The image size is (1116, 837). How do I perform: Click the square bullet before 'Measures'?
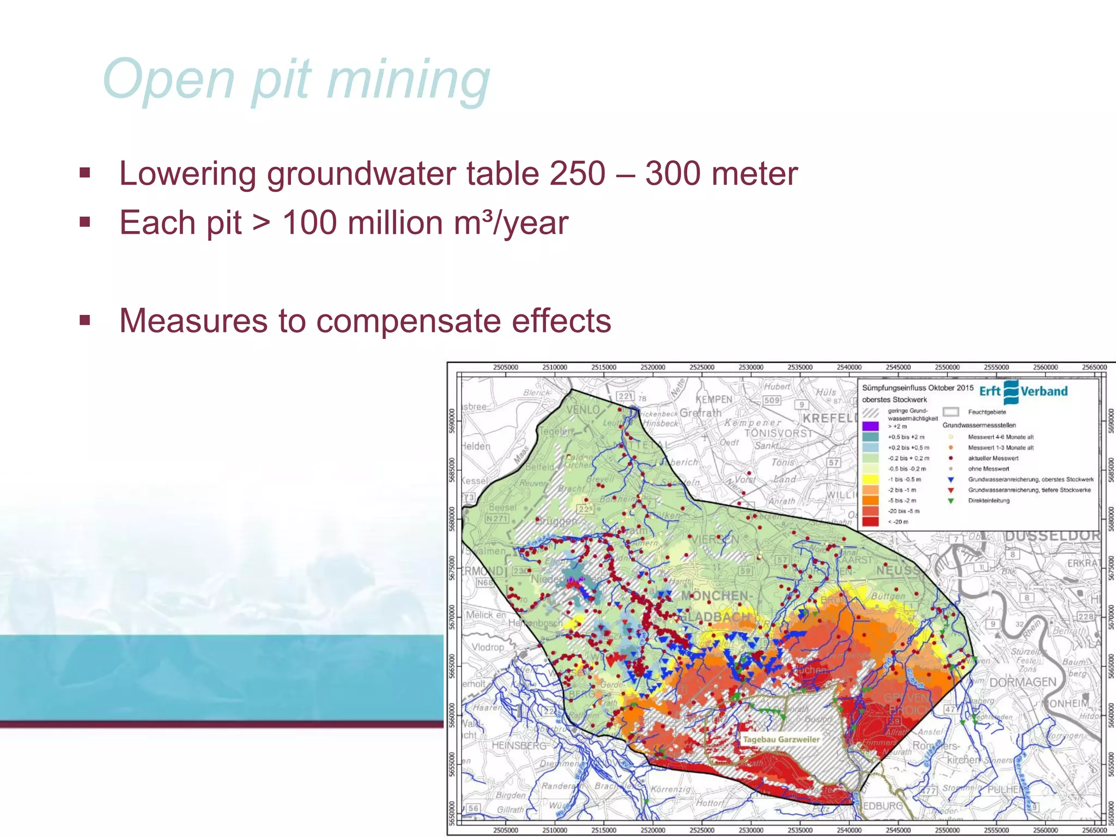(84, 320)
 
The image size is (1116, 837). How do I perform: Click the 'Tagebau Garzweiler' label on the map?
(781, 739)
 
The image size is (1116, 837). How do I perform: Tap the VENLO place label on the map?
(583, 409)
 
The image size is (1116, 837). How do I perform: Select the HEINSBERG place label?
(518, 745)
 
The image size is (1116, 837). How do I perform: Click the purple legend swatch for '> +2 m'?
(870, 426)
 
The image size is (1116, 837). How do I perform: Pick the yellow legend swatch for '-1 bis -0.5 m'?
(870, 480)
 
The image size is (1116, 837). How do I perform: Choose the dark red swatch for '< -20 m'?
(870, 521)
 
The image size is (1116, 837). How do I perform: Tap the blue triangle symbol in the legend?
(951, 480)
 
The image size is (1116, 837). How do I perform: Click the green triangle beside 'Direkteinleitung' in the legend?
(951, 501)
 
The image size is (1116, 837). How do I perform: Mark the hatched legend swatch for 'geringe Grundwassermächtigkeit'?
(870, 413)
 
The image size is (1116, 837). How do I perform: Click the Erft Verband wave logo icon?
(1011, 391)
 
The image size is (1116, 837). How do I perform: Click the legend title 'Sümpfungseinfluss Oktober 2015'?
(917, 388)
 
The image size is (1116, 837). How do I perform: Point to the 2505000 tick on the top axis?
(505, 367)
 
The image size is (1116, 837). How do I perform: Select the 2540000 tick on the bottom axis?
(849, 830)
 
